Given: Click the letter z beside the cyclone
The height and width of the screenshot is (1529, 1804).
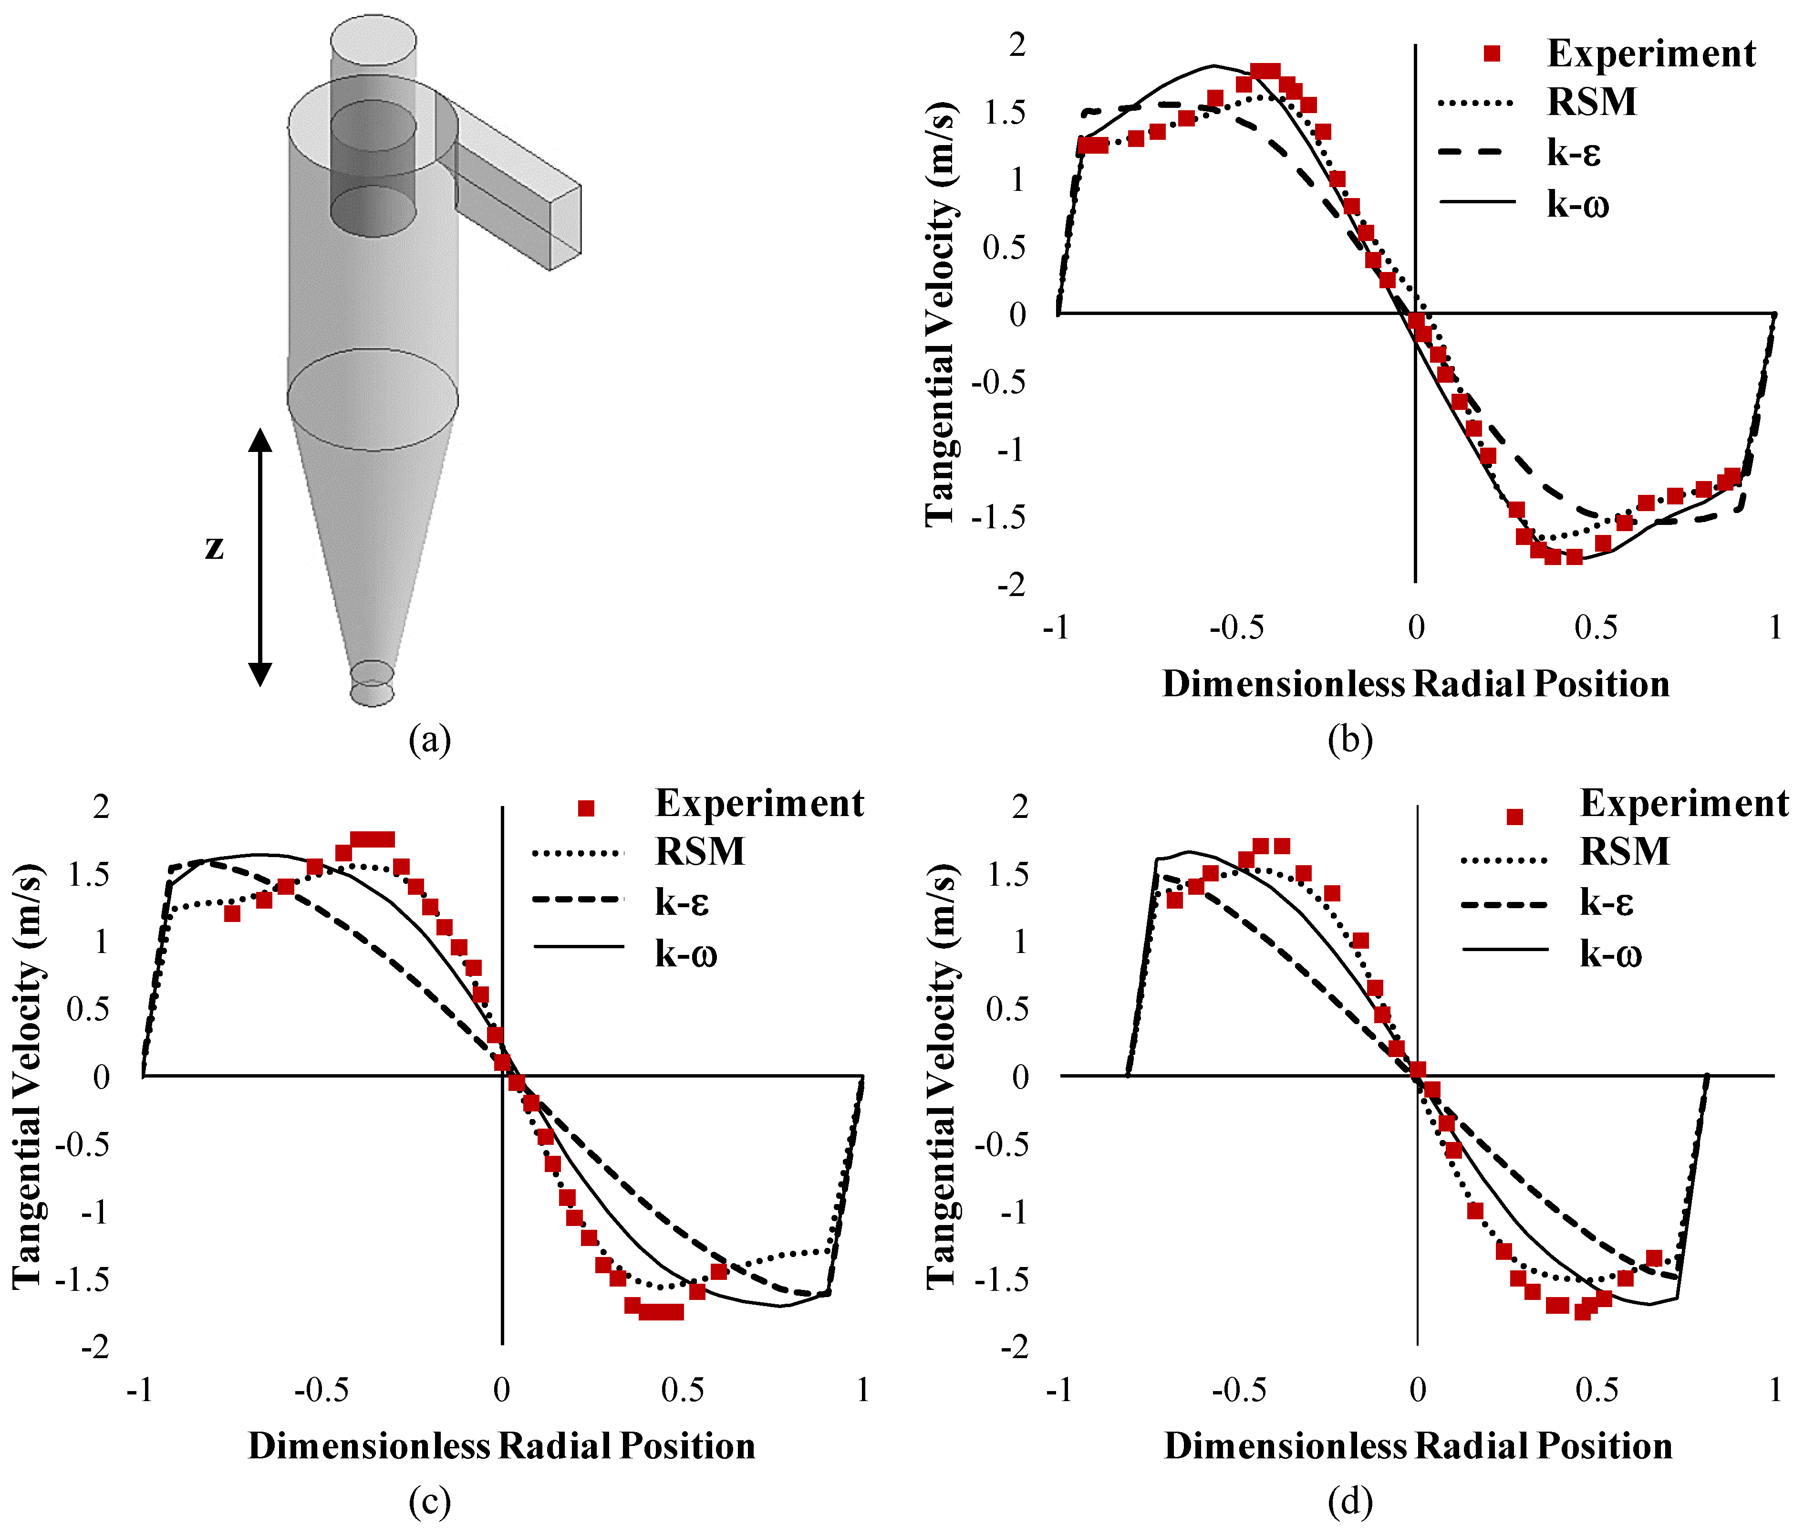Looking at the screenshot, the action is click(214, 548).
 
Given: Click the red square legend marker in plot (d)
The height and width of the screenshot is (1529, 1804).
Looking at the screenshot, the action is click(1514, 817).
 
